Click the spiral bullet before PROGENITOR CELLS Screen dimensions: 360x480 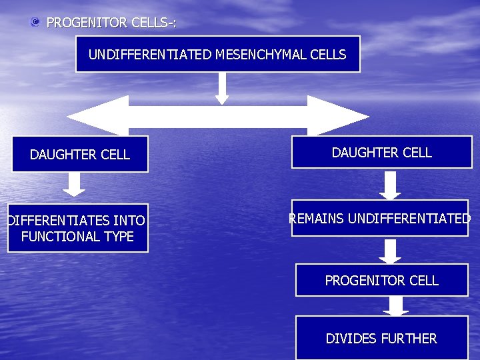tap(35, 23)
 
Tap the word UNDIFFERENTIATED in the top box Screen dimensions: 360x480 tap(151, 55)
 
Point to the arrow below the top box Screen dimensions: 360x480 tap(222, 88)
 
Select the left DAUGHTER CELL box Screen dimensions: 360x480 tap(80, 155)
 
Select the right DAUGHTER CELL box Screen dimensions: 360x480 tap(382, 153)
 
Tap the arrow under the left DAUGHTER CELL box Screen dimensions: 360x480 tap(74, 184)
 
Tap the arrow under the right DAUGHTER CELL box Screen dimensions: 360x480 tap(390, 185)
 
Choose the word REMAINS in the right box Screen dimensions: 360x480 tap(316, 218)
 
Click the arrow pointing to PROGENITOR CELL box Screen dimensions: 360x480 tap(390, 251)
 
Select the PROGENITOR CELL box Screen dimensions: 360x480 tap(382, 281)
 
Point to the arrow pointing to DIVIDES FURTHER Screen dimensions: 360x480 tap(395, 306)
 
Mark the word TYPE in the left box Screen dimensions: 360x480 tap(119, 237)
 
